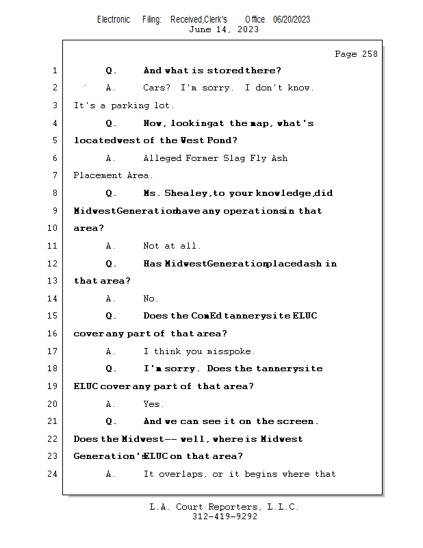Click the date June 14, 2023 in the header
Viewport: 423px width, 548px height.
[x=224, y=29]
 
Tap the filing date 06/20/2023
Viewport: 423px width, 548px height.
[x=292, y=19]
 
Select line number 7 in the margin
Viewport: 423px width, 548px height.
[x=55, y=175]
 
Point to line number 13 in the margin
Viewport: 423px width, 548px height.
[x=53, y=281]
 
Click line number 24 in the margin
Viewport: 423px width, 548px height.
[x=53, y=473]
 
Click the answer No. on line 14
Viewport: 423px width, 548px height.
[x=151, y=299]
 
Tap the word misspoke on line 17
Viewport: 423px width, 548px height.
[x=231, y=351]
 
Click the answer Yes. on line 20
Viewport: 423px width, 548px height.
[x=153, y=404]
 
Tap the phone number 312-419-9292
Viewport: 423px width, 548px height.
[x=225, y=517]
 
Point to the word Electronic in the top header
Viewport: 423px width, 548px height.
[x=114, y=19]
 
